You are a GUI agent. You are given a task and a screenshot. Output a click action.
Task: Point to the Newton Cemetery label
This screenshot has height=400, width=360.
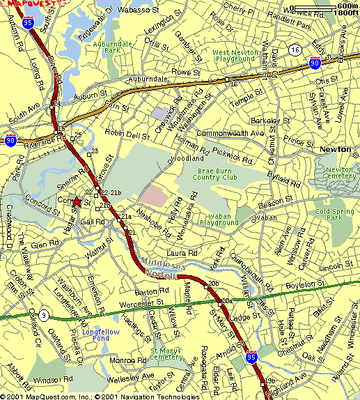point(339,174)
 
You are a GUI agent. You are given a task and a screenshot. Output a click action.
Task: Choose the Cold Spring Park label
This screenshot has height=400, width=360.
point(329,214)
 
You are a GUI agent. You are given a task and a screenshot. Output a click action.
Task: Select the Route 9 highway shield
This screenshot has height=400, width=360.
point(43,315)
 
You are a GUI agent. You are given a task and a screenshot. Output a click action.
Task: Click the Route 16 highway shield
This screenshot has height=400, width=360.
point(296,50)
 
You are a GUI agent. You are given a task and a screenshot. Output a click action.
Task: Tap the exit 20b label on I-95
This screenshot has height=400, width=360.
point(213,283)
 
